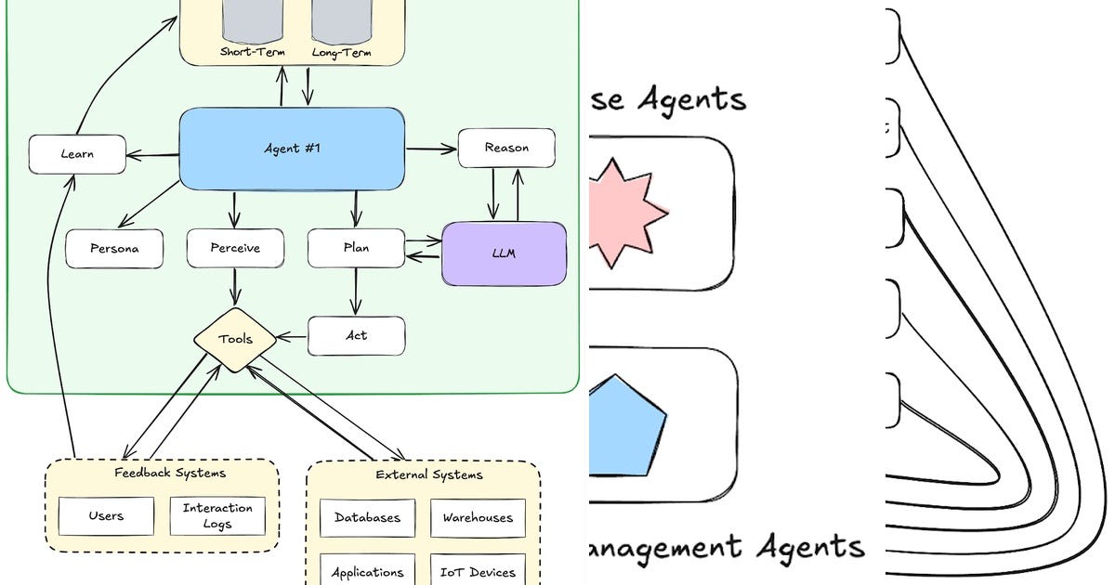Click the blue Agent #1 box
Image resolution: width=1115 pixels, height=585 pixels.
[x=292, y=149]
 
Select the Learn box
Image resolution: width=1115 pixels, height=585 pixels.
[x=77, y=154]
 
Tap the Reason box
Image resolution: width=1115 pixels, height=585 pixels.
[x=506, y=148]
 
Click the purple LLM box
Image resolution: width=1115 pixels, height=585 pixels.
[x=504, y=253]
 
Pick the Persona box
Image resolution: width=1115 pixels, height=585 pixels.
[x=114, y=249]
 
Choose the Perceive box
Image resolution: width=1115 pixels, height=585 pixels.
[x=235, y=249]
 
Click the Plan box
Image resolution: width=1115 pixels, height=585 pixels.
[x=356, y=248]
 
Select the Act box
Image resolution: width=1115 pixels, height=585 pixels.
[x=356, y=335]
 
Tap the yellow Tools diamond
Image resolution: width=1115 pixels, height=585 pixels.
[x=235, y=340]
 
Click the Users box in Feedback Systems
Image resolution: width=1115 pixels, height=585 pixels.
[x=106, y=516]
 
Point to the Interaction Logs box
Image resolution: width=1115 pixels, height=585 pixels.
[x=217, y=516]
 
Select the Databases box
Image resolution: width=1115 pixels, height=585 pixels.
[x=367, y=518]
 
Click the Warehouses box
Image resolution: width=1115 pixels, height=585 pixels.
[x=478, y=518]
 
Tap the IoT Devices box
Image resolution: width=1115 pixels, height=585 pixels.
[x=478, y=571]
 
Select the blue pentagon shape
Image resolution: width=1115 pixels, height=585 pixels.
[x=627, y=423]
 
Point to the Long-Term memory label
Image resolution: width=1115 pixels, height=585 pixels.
[x=341, y=53]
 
